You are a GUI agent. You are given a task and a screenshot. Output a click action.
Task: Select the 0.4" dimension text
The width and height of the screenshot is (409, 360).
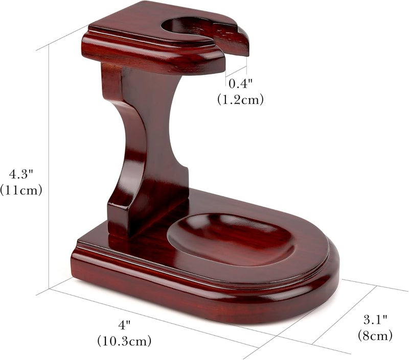point(240,83)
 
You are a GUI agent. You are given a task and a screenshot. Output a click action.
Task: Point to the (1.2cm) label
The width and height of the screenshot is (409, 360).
point(240,100)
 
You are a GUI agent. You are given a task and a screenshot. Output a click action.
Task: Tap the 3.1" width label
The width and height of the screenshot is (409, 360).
point(375,320)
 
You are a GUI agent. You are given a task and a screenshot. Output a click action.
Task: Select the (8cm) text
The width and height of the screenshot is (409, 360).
point(375,335)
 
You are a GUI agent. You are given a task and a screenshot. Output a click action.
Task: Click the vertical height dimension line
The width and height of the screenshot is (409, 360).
point(49,169)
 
